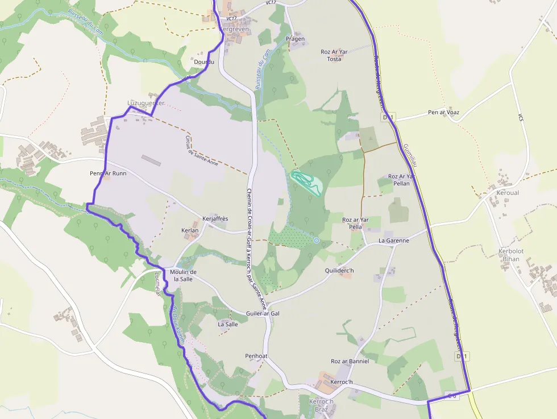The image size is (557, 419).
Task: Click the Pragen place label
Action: pyautogui.click(x=295, y=39)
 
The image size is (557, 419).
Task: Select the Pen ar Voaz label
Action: pyautogui.click(x=443, y=113)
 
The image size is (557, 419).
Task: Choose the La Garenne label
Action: pyautogui.click(x=394, y=240)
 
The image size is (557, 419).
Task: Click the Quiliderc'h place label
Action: pyautogui.click(x=339, y=271)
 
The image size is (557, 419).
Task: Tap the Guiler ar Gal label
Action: pyautogui.click(x=263, y=313)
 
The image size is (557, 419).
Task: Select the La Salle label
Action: pyautogui.click(x=228, y=324)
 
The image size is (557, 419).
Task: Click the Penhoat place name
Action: pyautogui.click(x=256, y=356)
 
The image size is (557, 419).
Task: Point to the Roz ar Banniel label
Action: pyautogui.click(x=350, y=361)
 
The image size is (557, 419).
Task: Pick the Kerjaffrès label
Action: pyautogui.click(x=215, y=219)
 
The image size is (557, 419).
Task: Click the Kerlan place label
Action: pyautogui.click(x=190, y=230)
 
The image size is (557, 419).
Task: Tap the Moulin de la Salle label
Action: pyautogui.click(x=183, y=276)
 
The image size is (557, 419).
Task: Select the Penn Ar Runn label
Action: pyautogui.click(x=108, y=173)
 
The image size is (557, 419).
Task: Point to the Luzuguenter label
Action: pyautogui.click(x=146, y=103)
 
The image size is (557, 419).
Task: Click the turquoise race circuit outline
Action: pyautogui.click(x=307, y=183)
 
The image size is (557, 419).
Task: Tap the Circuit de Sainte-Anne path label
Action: pyautogui.click(x=201, y=151)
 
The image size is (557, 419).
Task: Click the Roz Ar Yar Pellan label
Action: pyautogui.click(x=402, y=180)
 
